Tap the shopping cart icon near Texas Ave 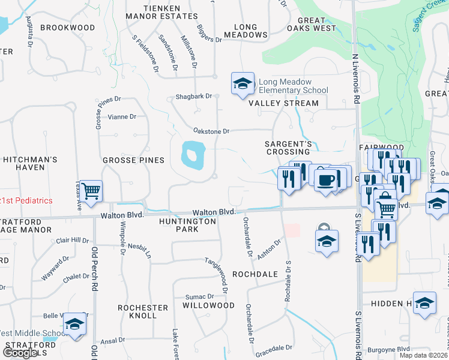pyautogui.click(x=91, y=191)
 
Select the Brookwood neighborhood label pyautogui.click(x=68, y=28)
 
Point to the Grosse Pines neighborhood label pyautogui.click(x=133, y=160)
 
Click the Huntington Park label pyautogui.click(x=187, y=225)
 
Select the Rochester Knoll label pyautogui.click(x=143, y=311)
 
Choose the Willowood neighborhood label pyautogui.click(x=208, y=305)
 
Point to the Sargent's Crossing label pyautogui.click(x=289, y=148)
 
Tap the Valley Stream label pyautogui.click(x=284, y=103)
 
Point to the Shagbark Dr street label pyautogui.click(x=194, y=96)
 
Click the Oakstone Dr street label pyautogui.click(x=211, y=131)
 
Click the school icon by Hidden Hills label pyautogui.click(x=424, y=304)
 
